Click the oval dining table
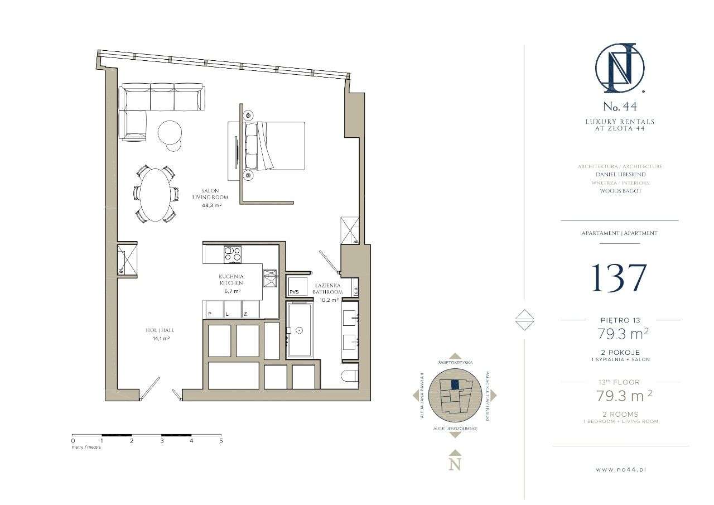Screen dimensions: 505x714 [156, 195]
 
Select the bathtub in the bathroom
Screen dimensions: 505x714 [300, 330]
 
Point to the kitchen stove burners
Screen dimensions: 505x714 [232, 254]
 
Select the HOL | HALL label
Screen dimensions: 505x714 [158, 330]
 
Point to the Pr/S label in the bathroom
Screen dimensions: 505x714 [294, 291]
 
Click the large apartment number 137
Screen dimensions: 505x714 [619, 277]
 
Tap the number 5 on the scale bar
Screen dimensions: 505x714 [221, 441]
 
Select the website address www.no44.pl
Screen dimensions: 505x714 [620, 470]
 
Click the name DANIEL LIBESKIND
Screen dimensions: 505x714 [620, 174]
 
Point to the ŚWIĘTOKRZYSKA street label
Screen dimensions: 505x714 [455, 363]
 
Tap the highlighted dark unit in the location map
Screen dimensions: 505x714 [455, 384]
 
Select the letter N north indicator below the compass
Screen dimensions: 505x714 [455, 464]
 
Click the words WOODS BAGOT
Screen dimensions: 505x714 [620, 191]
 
